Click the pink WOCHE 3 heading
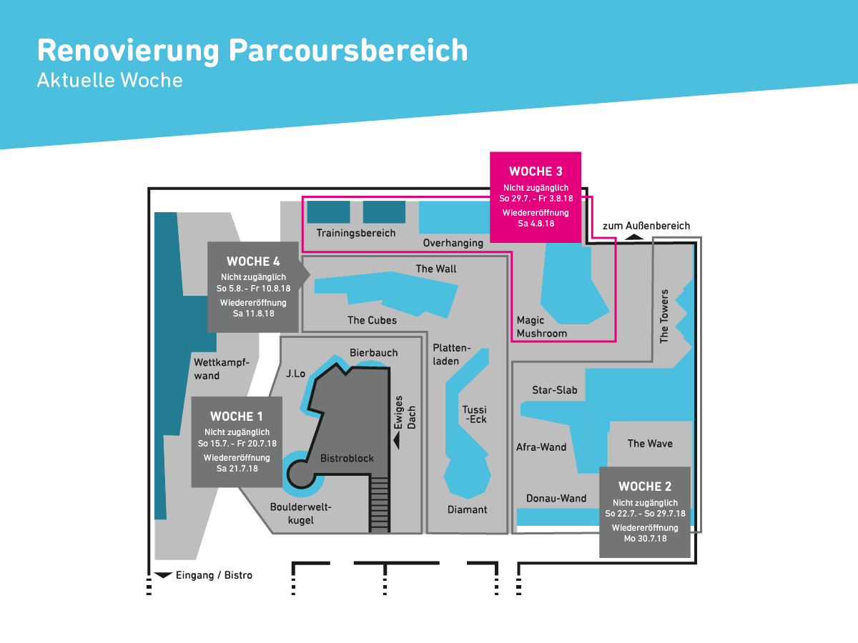pyautogui.click(x=536, y=171)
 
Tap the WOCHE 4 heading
pyautogui.click(x=253, y=261)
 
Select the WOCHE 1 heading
pyautogui.click(x=237, y=417)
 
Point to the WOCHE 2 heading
pyautogui.click(x=645, y=486)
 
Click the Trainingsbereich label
pyautogui.click(x=355, y=233)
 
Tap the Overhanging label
pyautogui.click(x=453, y=243)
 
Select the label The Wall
pyautogui.click(x=436, y=269)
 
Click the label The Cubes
pyautogui.click(x=372, y=320)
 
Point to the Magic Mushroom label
pyautogui.click(x=541, y=327)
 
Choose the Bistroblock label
pyautogui.click(x=347, y=458)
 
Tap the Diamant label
pyautogui.click(x=467, y=509)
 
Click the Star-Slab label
pyautogui.click(x=554, y=389)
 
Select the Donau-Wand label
pyautogui.click(x=556, y=498)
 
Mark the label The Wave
pyautogui.click(x=650, y=444)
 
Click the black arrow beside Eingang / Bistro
pyautogui.click(x=163, y=574)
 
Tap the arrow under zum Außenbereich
pyautogui.click(x=633, y=236)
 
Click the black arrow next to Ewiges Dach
pyautogui.click(x=397, y=441)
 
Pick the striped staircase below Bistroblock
pyautogui.click(x=379, y=504)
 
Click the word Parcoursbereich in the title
pyautogui.click(x=348, y=51)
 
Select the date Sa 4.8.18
pyautogui.click(x=536, y=224)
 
